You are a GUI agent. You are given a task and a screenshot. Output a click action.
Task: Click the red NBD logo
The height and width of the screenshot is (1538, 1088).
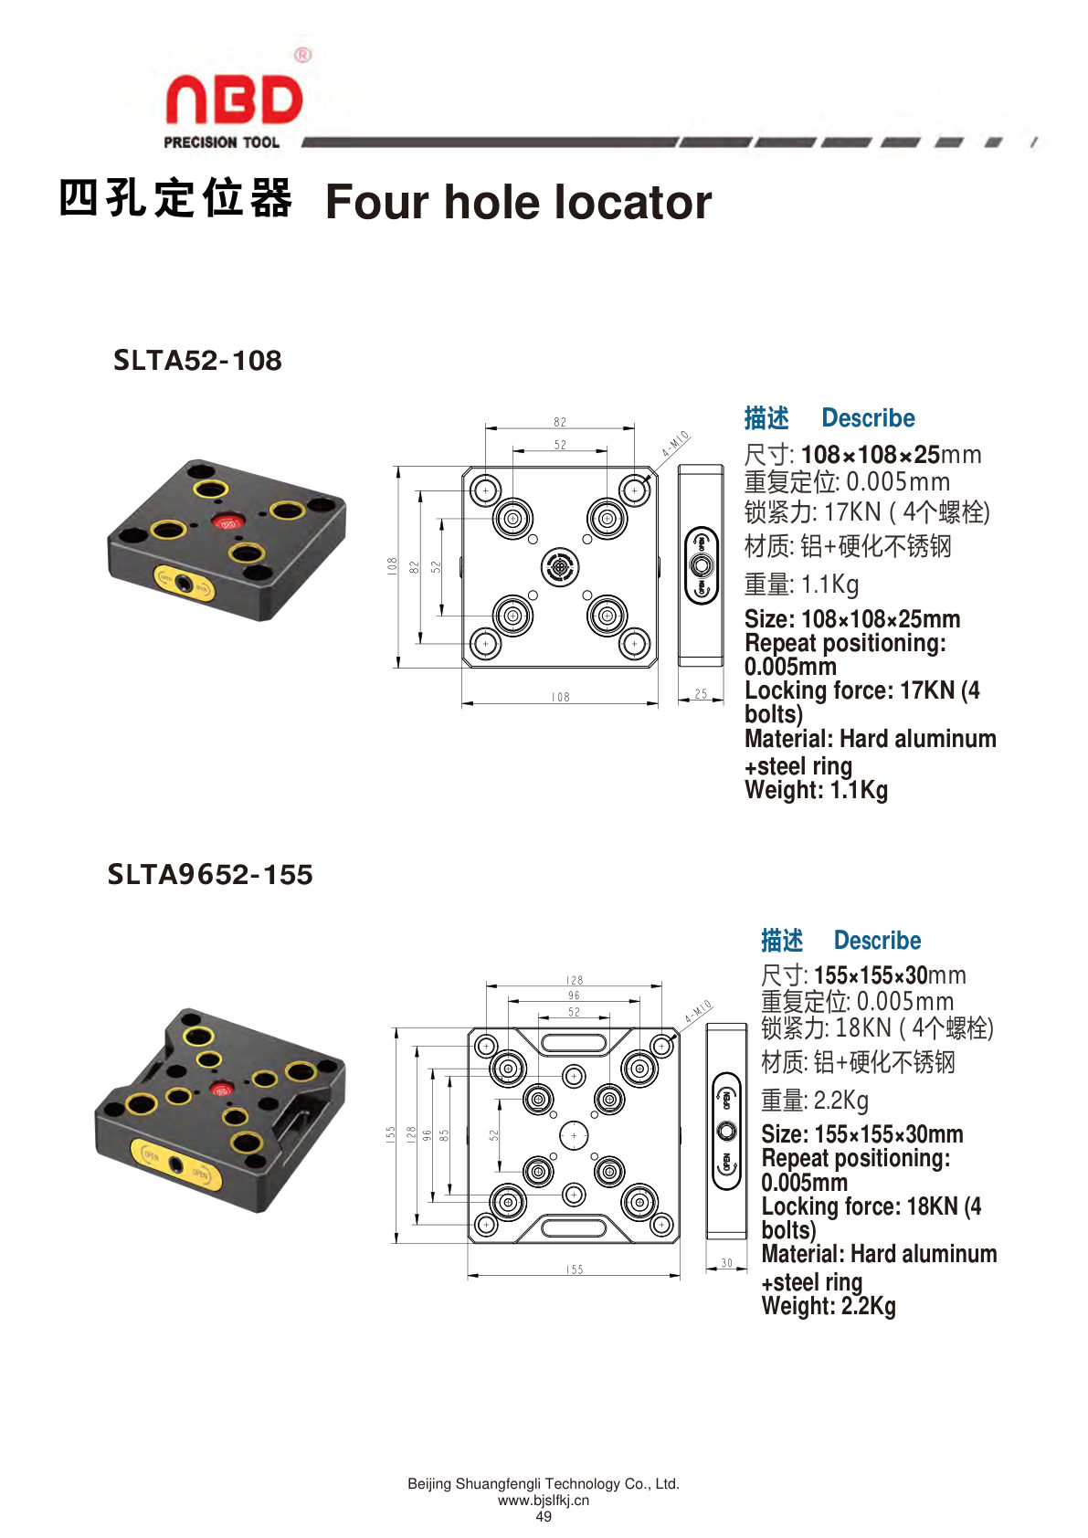coord(234,100)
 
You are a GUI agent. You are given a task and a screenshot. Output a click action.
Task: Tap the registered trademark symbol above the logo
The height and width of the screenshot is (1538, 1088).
coord(302,55)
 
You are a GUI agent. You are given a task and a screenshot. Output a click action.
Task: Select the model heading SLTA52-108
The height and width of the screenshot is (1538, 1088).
coord(198,361)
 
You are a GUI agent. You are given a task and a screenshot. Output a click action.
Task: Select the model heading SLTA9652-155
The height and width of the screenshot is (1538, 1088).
coord(210,874)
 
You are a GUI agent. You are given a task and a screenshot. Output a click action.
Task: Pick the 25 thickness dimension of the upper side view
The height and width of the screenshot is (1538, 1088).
coord(701,694)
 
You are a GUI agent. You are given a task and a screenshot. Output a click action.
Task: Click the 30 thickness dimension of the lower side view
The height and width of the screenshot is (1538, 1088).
coord(727,1263)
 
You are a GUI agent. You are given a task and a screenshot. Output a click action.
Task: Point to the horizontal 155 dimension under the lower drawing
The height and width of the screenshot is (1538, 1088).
coord(575,1269)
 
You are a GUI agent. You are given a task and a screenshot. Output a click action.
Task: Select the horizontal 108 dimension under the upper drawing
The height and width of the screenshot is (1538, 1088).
coord(561,697)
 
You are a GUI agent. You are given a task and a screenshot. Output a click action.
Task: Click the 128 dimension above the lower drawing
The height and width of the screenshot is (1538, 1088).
coord(575,980)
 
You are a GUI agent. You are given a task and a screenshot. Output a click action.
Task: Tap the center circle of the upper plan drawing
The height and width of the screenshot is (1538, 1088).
coord(560,567)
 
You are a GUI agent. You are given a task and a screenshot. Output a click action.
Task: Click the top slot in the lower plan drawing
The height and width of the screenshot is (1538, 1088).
coord(574,1043)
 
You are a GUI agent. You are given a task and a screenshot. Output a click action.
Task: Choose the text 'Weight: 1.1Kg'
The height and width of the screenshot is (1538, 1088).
coord(816,790)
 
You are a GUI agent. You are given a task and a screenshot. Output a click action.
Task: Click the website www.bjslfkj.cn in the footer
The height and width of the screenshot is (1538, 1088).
coord(544,1501)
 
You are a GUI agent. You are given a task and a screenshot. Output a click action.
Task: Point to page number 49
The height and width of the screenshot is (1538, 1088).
coord(544,1516)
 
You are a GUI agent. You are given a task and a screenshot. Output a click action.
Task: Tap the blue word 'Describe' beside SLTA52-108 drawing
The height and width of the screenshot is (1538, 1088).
coord(868,418)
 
